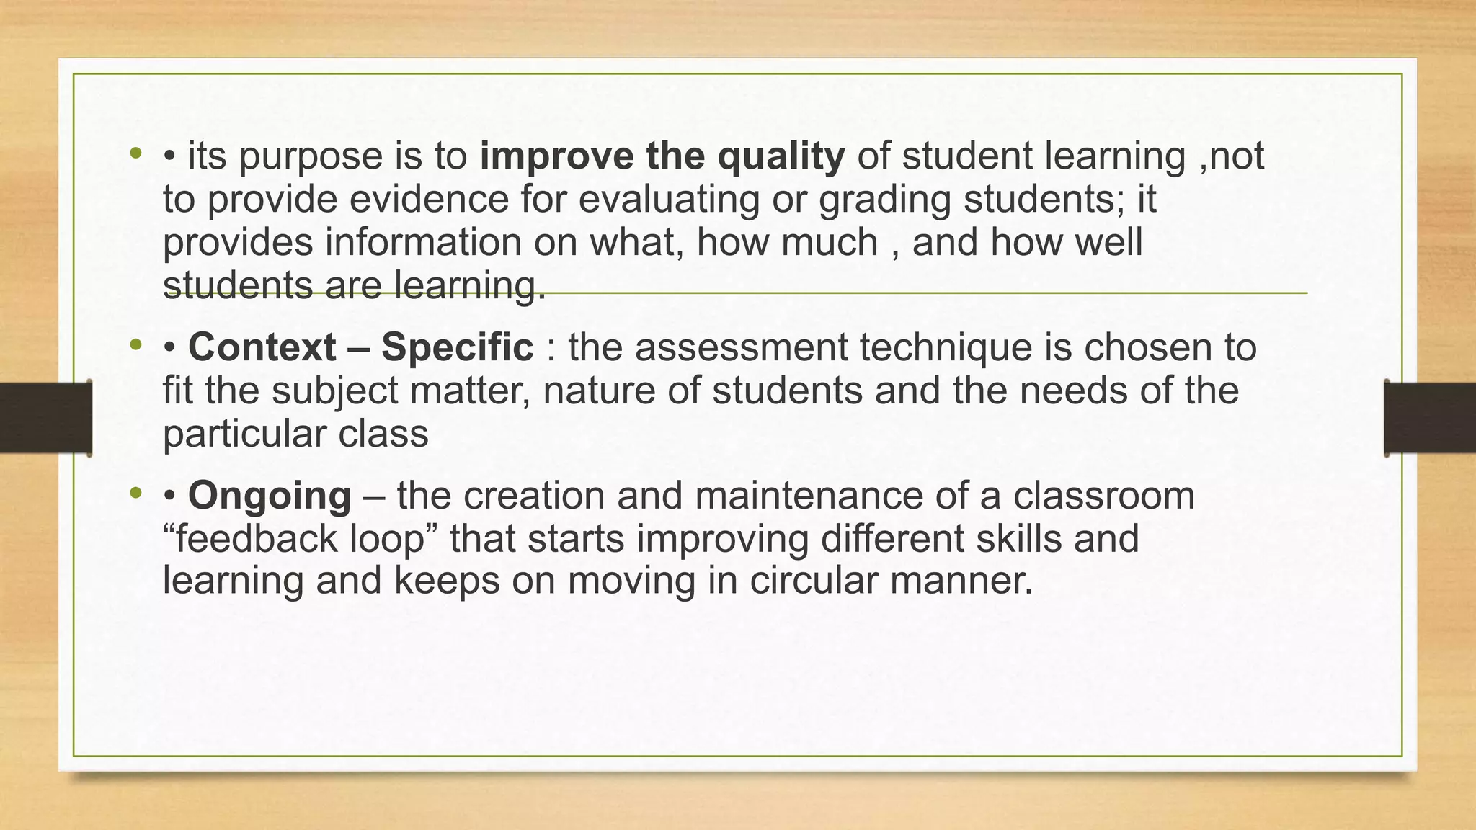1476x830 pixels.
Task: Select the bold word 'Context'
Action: pos(262,347)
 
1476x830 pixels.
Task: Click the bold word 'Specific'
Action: pos(457,347)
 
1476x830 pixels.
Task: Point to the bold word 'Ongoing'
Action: pos(270,496)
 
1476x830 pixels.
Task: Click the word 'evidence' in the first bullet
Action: pos(429,199)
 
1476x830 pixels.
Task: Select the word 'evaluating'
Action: pos(669,199)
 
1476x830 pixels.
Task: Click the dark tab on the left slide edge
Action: pos(45,418)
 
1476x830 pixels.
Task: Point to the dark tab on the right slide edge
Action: pos(1430,418)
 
